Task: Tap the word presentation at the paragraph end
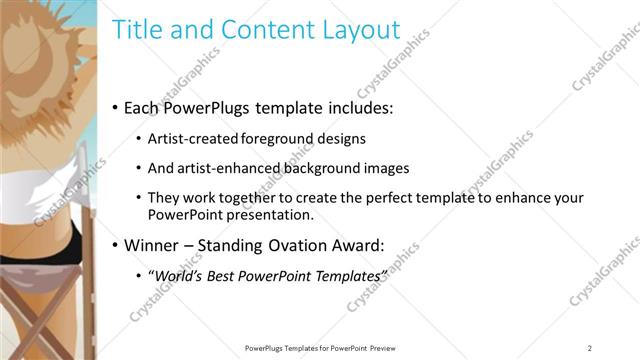(x=272, y=214)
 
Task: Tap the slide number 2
(x=590, y=348)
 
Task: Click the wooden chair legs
(x=50, y=320)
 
